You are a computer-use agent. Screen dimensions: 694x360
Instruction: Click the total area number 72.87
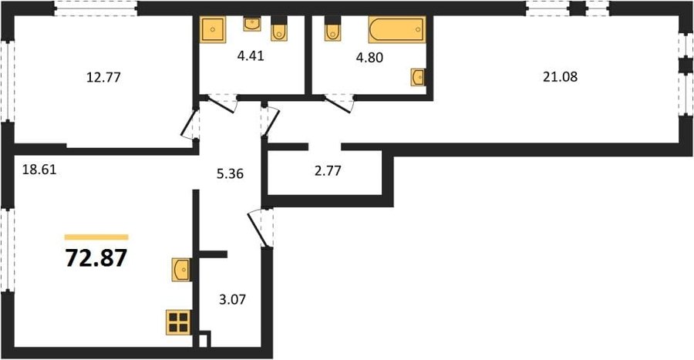(96, 258)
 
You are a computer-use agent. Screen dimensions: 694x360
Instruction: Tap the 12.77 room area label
(103, 78)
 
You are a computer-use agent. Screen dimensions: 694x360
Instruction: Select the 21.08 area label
(561, 77)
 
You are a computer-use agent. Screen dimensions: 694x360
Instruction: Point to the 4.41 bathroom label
(251, 56)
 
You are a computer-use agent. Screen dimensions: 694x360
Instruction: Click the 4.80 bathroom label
(369, 58)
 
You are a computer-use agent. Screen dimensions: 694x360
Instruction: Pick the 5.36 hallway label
(230, 173)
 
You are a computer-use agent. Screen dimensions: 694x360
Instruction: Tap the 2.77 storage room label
(328, 170)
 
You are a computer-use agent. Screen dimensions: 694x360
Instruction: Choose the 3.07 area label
(232, 300)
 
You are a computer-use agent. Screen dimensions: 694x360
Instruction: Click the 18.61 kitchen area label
(39, 170)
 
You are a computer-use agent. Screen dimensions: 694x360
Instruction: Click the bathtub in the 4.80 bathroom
(397, 29)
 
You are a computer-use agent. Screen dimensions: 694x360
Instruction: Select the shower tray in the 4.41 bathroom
(213, 29)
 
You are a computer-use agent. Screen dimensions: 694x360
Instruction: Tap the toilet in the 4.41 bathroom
(279, 29)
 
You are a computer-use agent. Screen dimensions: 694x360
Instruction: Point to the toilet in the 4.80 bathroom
(333, 29)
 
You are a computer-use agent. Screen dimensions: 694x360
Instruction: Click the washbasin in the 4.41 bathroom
(252, 24)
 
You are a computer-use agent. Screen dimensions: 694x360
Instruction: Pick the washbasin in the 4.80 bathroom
(417, 77)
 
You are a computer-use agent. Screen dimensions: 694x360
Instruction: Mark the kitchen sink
(181, 270)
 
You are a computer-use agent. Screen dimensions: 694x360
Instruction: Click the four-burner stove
(179, 322)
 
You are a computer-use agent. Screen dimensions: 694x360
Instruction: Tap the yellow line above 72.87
(96, 237)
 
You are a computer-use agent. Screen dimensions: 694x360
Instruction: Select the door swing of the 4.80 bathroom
(339, 103)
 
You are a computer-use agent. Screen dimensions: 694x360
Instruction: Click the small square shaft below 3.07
(204, 339)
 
